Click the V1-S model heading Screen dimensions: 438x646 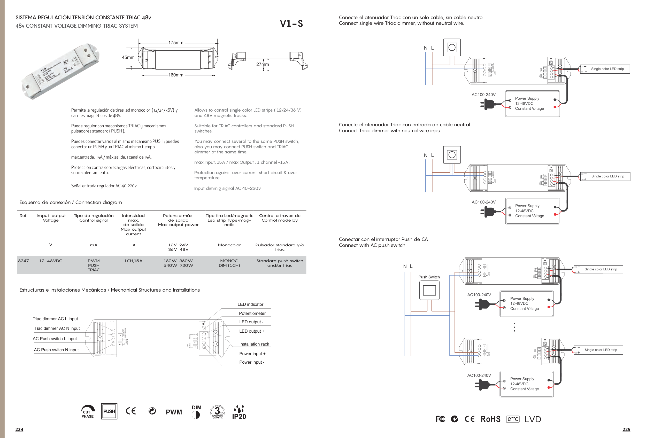coord(291,24)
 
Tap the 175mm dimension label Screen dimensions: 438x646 coord(176,43)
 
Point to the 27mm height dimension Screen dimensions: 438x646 coord(262,65)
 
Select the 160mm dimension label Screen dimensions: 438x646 coord(176,75)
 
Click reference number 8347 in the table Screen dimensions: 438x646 coord(23,261)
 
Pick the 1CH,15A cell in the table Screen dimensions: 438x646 coord(133,261)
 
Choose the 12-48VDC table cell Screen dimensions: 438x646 coord(51,261)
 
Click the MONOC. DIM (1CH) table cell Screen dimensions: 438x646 coord(229,263)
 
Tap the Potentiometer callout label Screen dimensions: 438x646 coord(252,313)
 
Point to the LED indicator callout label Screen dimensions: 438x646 coord(250,304)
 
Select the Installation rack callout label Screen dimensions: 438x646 coord(254,344)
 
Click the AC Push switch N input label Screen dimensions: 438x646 coord(56,350)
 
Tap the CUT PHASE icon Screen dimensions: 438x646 coord(88,412)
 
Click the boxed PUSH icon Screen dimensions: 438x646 coord(109,411)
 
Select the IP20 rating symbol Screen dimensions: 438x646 coord(239,412)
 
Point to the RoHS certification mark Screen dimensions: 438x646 coord(490,419)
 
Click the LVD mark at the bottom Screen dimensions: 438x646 coord(533,419)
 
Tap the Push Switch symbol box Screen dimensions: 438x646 coord(429,290)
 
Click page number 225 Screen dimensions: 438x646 coord(626,429)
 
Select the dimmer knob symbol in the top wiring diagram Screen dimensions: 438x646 coord(452,48)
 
